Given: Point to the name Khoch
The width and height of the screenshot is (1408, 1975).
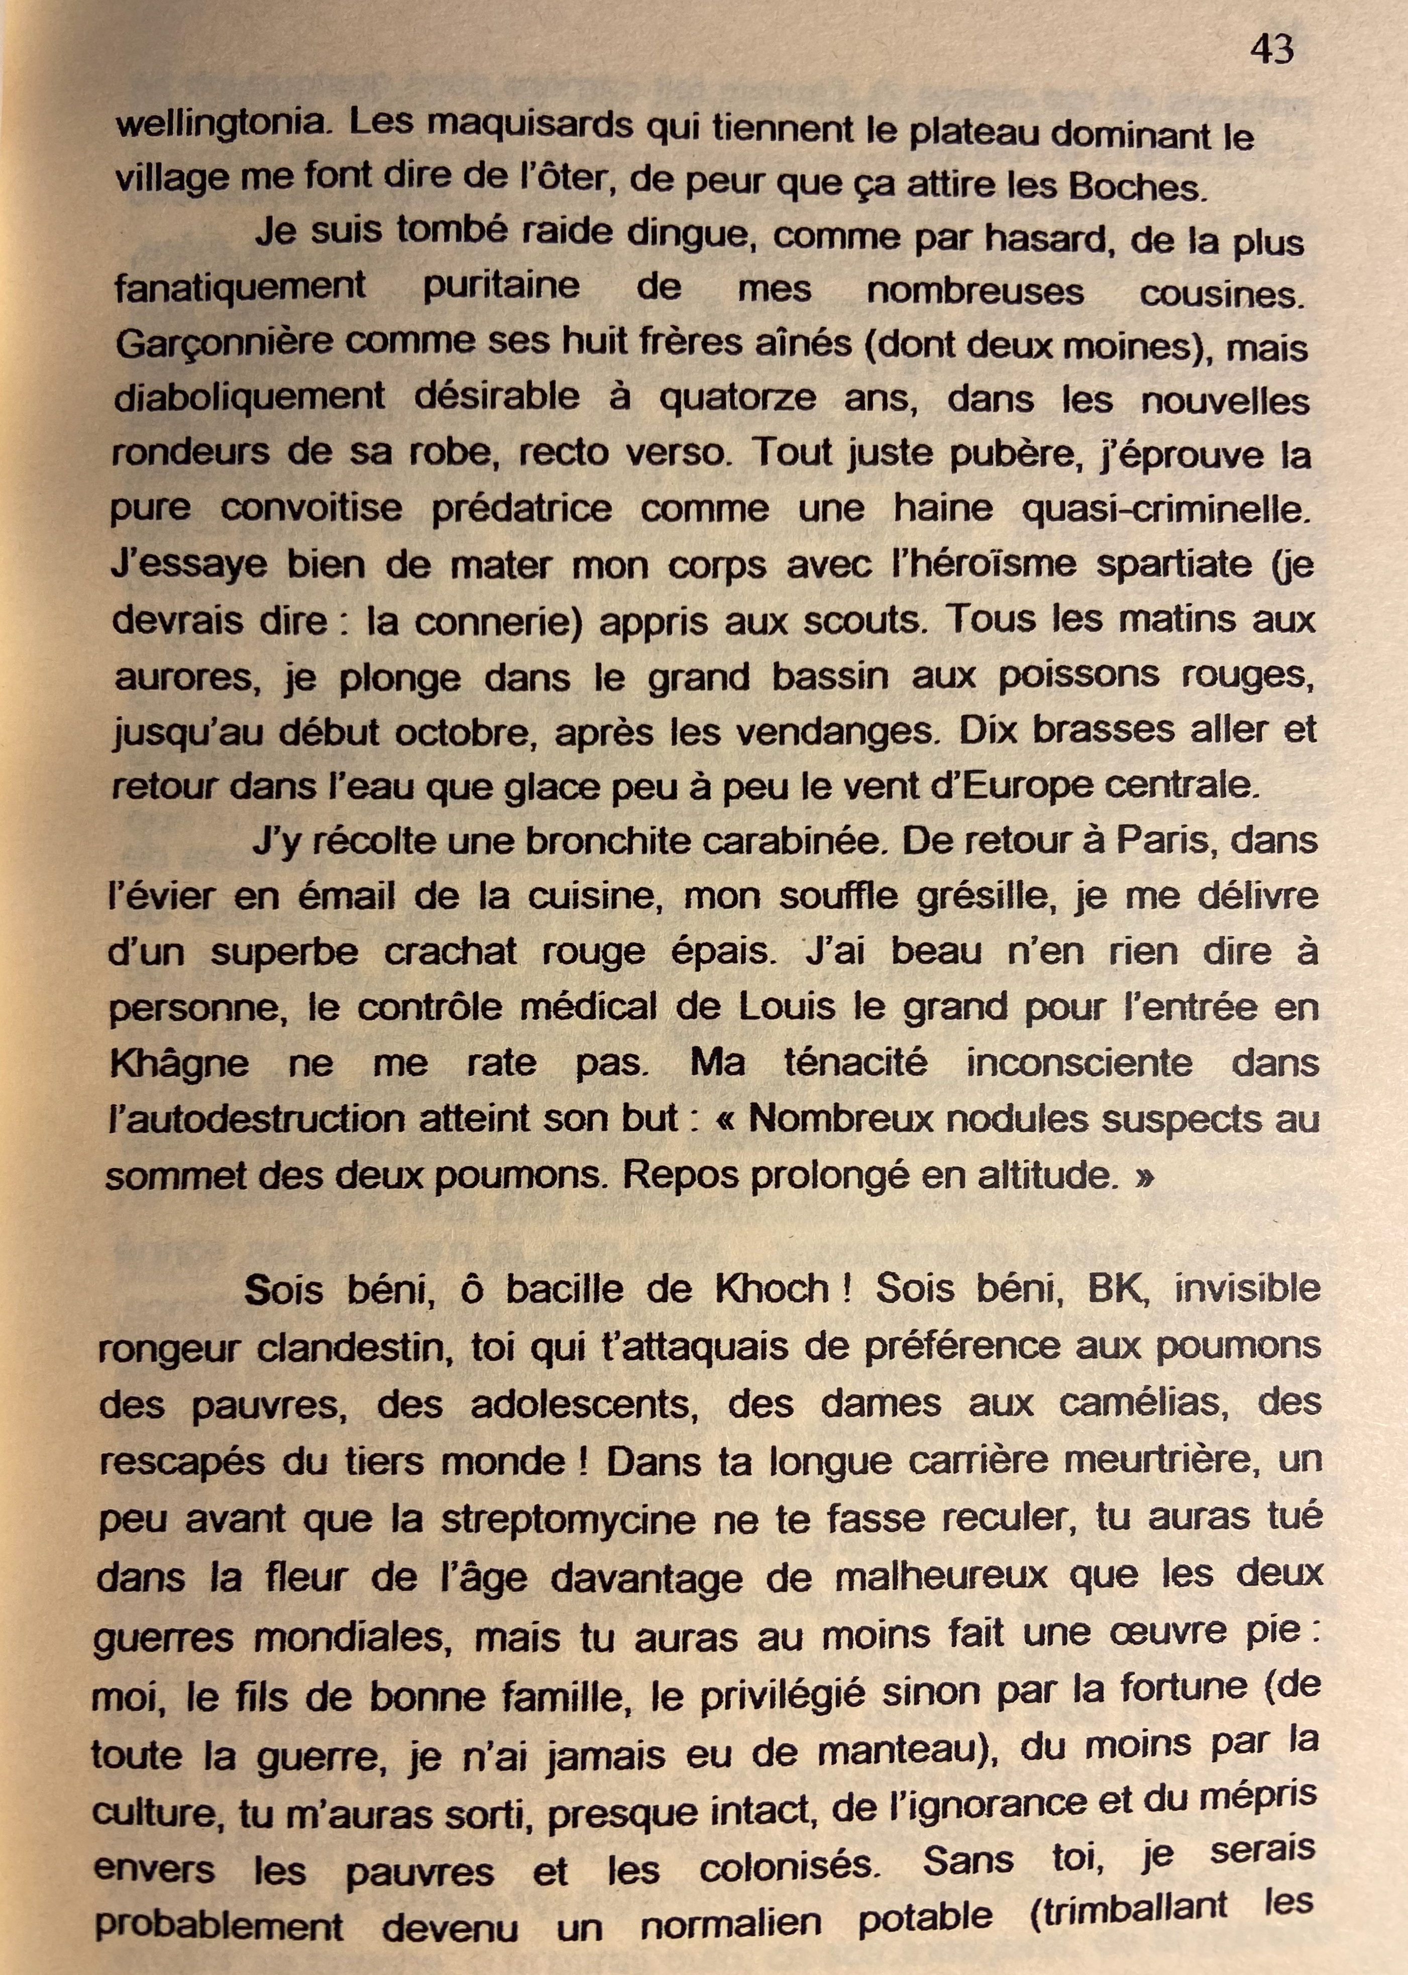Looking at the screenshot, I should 771,1290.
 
